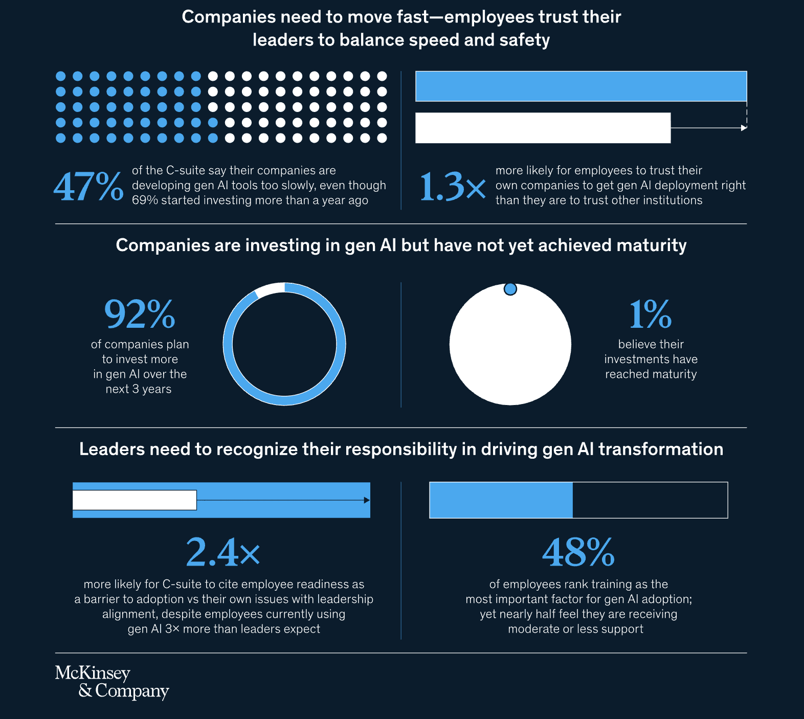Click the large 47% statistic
88,187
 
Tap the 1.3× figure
452,187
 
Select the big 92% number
140,313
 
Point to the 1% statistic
650,313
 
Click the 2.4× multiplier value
223,552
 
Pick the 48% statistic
578,552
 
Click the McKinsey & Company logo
111,682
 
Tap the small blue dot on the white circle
510,289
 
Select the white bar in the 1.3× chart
542,128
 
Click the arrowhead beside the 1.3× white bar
744,128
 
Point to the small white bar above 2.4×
135,500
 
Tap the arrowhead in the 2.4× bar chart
367,500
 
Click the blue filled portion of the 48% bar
501,500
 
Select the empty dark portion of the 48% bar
650,500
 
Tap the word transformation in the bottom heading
661,449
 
